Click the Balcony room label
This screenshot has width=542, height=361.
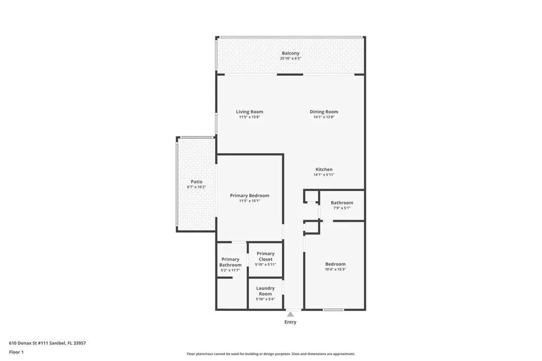291,53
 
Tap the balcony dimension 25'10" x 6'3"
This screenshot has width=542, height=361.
291,58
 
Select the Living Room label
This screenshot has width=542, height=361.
249,112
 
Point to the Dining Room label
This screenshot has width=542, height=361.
324,112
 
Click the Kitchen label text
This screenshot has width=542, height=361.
324,169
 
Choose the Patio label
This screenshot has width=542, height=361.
196,182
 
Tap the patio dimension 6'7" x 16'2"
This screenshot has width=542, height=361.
196,187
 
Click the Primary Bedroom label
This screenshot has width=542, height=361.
249,195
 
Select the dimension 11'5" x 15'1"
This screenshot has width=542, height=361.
249,201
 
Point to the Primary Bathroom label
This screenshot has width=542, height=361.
230,262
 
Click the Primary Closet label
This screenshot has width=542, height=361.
266,256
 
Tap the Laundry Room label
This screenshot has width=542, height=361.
266,291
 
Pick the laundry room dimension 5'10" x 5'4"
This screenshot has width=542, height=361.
266,299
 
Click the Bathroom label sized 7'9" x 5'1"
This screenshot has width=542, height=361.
342,203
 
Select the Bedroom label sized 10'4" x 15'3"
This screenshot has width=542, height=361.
335,264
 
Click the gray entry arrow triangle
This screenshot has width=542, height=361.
290,314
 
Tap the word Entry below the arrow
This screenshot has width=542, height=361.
291,322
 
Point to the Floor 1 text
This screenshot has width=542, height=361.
16,352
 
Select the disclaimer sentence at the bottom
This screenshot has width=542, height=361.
270,354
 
